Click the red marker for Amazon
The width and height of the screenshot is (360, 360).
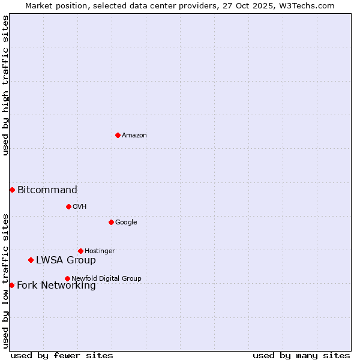pyautogui.click(x=118, y=135)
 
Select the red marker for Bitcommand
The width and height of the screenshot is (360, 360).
pyautogui.click(x=12, y=190)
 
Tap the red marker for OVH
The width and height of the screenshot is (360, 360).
pyautogui.click(x=68, y=206)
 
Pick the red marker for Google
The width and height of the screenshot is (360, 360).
pyautogui.click(x=111, y=222)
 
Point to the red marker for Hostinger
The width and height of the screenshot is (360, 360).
pyautogui.click(x=80, y=251)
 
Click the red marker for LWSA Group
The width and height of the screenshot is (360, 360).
pyautogui.click(x=31, y=260)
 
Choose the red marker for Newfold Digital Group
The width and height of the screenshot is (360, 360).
pyautogui.click(x=67, y=278)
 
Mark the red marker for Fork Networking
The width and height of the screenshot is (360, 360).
pyautogui.click(x=11, y=285)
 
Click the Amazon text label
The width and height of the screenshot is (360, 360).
pyautogui.click(x=134, y=136)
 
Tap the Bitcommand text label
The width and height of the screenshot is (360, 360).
pyautogui.click(x=47, y=190)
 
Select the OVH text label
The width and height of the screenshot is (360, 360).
pyautogui.click(x=80, y=207)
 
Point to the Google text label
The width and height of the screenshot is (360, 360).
pyautogui.click(x=126, y=223)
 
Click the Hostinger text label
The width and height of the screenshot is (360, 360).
pyautogui.click(x=100, y=251)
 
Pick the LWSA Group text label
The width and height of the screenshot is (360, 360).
pyautogui.click(x=66, y=260)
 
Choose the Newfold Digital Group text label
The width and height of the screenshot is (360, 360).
pyautogui.click(x=106, y=279)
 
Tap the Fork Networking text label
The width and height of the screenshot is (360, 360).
pyautogui.click(x=56, y=286)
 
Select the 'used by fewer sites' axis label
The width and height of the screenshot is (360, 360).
pyautogui.click(x=62, y=355)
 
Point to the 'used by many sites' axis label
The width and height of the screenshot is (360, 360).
pyautogui.click(x=301, y=355)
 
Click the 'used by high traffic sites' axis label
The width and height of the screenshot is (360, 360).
pyautogui.click(x=5, y=85)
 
